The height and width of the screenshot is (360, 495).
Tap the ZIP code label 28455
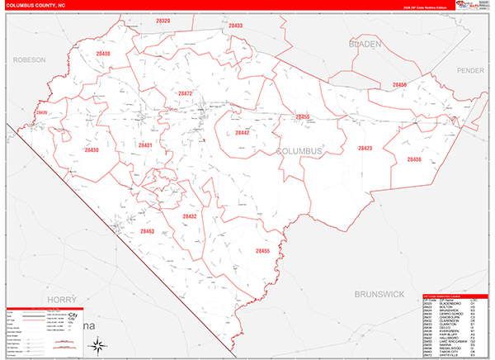(262, 251)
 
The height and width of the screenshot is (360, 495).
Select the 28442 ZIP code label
(242, 132)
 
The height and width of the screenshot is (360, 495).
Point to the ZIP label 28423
(365, 149)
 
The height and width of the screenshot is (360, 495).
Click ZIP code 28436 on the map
(413, 159)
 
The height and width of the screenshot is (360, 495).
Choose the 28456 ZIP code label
(400, 85)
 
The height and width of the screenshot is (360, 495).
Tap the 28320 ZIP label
(163, 21)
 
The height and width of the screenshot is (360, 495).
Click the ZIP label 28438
(102, 54)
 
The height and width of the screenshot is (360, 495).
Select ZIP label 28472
(185, 94)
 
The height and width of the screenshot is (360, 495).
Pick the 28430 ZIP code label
(91, 150)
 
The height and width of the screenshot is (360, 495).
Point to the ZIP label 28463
(148, 231)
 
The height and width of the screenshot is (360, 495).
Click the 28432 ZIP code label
(190, 216)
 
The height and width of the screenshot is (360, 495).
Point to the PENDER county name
(469, 71)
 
